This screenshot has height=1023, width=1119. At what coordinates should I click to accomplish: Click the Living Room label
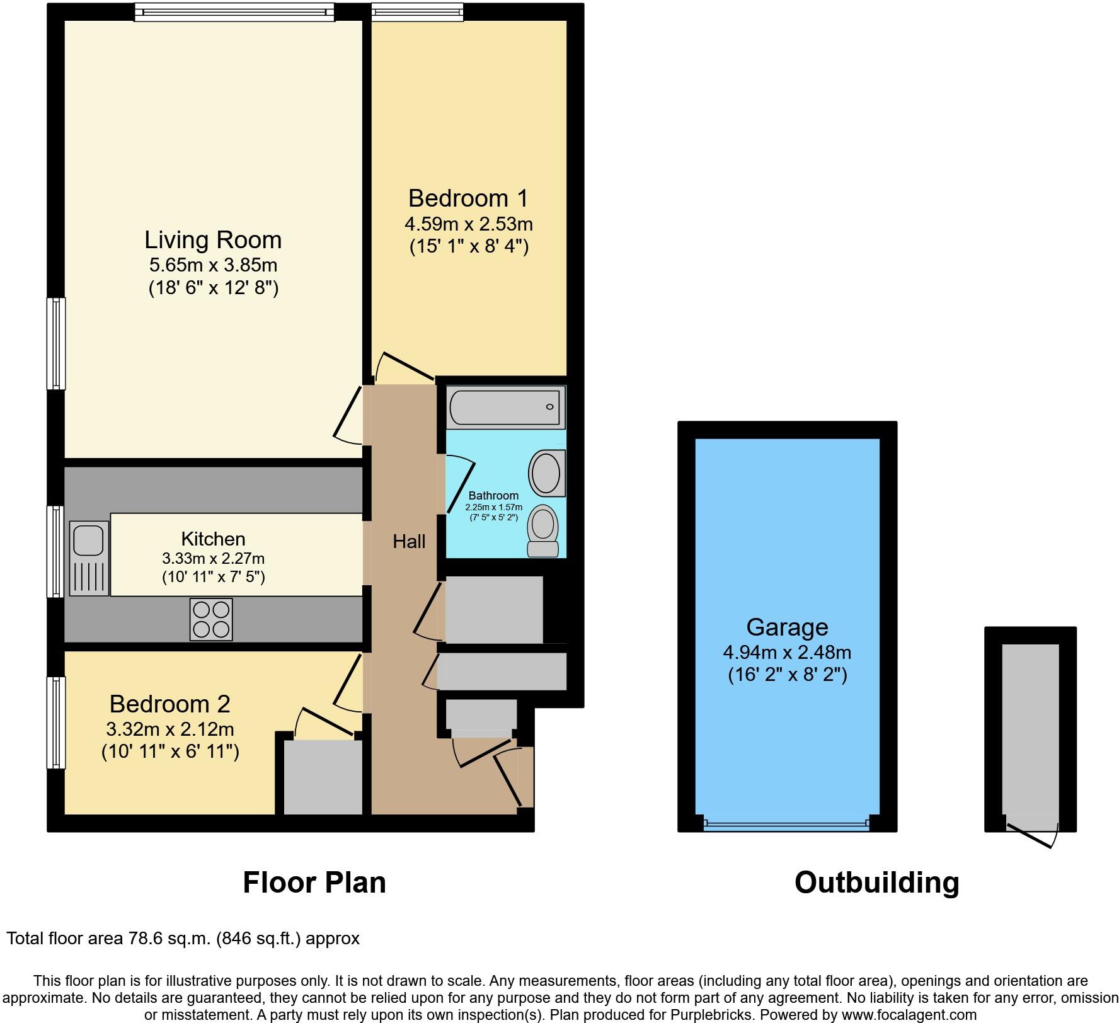click(x=213, y=240)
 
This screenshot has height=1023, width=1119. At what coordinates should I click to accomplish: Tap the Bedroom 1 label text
click(x=468, y=198)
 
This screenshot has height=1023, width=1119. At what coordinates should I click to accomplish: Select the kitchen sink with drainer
click(x=88, y=558)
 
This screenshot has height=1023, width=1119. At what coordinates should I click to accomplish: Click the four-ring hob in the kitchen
click(x=211, y=619)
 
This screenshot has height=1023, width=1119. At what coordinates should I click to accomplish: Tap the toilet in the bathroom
click(x=543, y=530)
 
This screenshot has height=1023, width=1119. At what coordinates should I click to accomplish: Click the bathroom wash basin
click(x=546, y=473)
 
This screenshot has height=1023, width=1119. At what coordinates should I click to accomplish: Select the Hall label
click(x=409, y=541)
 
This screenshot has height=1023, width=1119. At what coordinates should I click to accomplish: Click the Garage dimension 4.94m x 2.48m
click(x=787, y=652)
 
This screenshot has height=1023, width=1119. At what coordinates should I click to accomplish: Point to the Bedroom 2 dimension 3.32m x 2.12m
click(x=170, y=729)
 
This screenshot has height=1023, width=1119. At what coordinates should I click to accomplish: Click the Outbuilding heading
click(x=876, y=883)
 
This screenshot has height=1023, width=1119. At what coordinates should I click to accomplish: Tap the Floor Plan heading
click(x=314, y=883)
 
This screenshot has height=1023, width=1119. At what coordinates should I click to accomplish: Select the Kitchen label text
click(x=213, y=539)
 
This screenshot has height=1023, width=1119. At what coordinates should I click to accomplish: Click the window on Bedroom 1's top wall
click(x=417, y=12)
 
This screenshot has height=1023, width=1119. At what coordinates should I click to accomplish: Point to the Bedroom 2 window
click(x=56, y=723)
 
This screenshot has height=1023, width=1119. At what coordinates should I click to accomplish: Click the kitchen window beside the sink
click(x=56, y=551)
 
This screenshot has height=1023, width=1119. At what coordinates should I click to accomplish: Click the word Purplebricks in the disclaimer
click(x=716, y=1015)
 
